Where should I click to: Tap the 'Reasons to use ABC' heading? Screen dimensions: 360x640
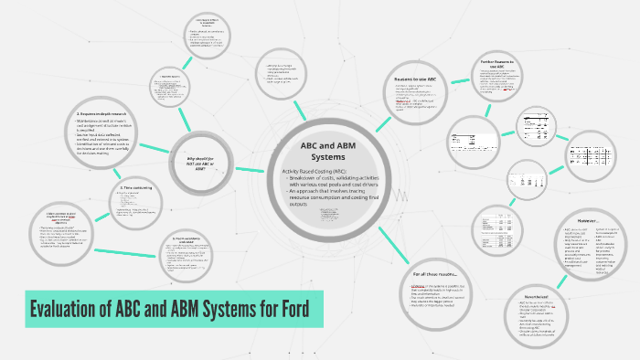(415, 79)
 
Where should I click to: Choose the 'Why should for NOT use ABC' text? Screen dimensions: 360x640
(201, 162)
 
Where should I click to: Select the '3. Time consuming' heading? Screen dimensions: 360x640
(135, 188)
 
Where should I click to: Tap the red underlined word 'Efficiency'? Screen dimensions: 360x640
(421, 286)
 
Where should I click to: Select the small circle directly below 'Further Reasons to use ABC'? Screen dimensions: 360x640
(536, 125)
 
